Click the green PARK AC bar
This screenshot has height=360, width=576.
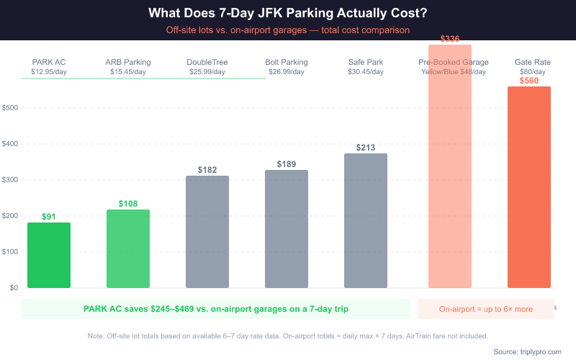49,256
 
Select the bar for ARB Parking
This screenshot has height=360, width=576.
128,249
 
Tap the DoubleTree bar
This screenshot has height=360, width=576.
207,232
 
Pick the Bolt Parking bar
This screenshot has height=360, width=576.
287,229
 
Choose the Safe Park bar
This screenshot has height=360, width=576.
366,220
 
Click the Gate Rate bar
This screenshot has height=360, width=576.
529,187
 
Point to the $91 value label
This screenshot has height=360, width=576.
49,217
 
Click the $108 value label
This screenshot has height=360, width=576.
128,204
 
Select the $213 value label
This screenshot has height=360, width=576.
366,148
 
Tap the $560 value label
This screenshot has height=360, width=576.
529,81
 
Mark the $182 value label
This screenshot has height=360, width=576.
207,170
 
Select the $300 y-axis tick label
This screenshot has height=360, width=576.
10,180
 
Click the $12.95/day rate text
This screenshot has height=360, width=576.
49,72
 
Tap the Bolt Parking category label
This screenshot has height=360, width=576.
287,62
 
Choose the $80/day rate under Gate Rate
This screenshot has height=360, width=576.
533,72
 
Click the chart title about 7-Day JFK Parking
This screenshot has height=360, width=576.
288,14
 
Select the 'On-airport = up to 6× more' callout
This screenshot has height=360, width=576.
486,309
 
